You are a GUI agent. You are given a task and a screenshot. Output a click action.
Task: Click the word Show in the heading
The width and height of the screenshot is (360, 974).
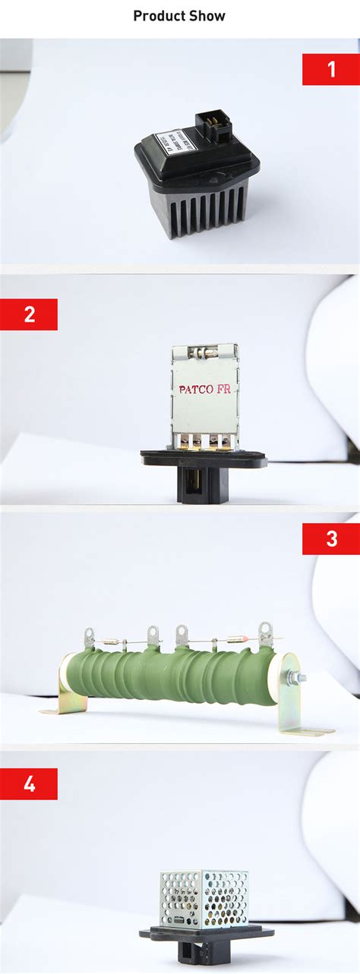208,15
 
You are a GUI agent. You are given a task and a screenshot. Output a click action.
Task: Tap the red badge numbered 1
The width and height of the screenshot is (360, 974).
330,69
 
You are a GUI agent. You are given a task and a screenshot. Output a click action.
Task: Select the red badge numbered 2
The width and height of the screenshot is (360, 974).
29,314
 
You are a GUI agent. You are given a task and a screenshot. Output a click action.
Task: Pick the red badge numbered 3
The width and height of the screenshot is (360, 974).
330,539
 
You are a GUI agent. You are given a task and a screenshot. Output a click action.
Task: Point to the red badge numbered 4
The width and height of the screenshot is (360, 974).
29,783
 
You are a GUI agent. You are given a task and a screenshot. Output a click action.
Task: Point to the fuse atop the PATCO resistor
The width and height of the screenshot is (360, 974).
204,351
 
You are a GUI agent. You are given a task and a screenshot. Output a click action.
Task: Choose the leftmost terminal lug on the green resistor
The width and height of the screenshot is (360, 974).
90,635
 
